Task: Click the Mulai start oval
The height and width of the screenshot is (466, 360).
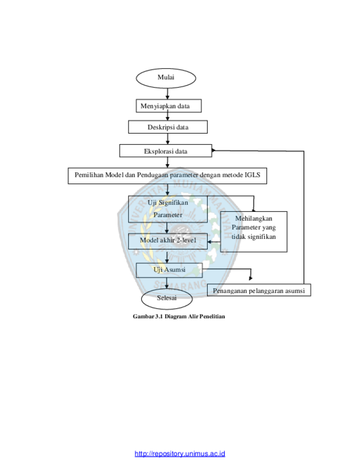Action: [x=166, y=78]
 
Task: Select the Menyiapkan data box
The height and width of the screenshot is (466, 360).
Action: [x=168, y=106]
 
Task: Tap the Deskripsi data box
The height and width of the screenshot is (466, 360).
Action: [x=168, y=127]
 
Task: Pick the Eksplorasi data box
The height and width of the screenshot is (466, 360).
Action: [x=166, y=151]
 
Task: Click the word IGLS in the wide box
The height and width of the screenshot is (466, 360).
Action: [x=252, y=175]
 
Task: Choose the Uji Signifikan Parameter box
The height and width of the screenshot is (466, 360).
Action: [x=168, y=209]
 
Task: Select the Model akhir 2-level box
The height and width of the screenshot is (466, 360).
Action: [x=168, y=241]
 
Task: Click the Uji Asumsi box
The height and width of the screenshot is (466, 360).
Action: [x=169, y=270]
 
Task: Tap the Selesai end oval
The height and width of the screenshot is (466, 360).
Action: [x=167, y=299]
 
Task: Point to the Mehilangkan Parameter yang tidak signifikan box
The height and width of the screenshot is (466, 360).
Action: [x=254, y=232]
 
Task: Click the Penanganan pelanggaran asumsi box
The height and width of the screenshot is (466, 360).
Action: [x=259, y=290]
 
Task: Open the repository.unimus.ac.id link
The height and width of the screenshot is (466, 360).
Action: [x=179, y=453]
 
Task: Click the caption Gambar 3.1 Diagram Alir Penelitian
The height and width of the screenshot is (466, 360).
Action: [x=179, y=316]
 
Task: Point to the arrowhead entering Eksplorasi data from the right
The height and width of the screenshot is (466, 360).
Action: [x=214, y=151]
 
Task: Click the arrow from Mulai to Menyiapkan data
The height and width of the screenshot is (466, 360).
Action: [x=167, y=94]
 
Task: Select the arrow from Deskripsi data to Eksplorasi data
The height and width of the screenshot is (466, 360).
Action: [x=167, y=139]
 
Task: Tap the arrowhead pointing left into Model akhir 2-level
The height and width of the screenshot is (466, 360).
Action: [x=209, y=242]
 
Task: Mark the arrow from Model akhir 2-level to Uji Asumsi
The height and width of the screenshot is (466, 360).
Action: [x=167, y=256]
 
